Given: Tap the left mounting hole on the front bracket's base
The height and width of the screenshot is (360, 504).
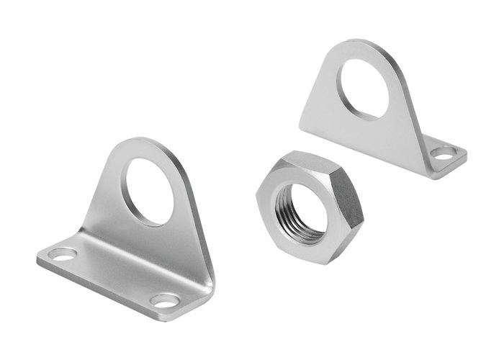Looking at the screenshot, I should (x=63, y=254).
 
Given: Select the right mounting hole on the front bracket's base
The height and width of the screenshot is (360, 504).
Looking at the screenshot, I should (x=165, y=300).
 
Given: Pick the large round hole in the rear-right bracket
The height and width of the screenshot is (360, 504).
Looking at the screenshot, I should (x=364, y=89).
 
